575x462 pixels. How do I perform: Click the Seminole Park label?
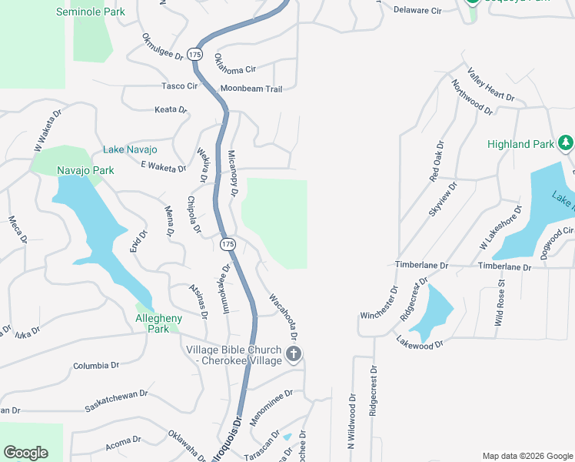click(x=90, y=12)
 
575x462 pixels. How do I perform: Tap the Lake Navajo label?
click(x=130, y=149)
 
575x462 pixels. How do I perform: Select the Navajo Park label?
click(x=85, y=170)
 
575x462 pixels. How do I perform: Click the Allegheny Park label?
click(x=158, y=323)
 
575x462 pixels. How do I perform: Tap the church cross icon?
click(x=293, y=354)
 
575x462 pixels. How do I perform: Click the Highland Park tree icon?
click(x=566, y=142)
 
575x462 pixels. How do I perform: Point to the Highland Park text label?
click(x=520, y=144)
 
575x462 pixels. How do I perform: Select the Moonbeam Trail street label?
click(x=251, y=89)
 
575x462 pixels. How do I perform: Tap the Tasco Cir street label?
click(x=179, y=86)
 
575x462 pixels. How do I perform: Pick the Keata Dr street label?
click(x=171, y=110)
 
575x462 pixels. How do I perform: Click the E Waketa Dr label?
click(x=163, y=166)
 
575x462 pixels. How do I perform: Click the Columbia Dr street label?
click(x=97, y=366)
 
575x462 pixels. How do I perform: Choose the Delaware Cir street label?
click(x=417, y=11)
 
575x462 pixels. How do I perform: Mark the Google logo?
click(x=25, y=453)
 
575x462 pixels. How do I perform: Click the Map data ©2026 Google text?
click(x=527, y=455)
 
